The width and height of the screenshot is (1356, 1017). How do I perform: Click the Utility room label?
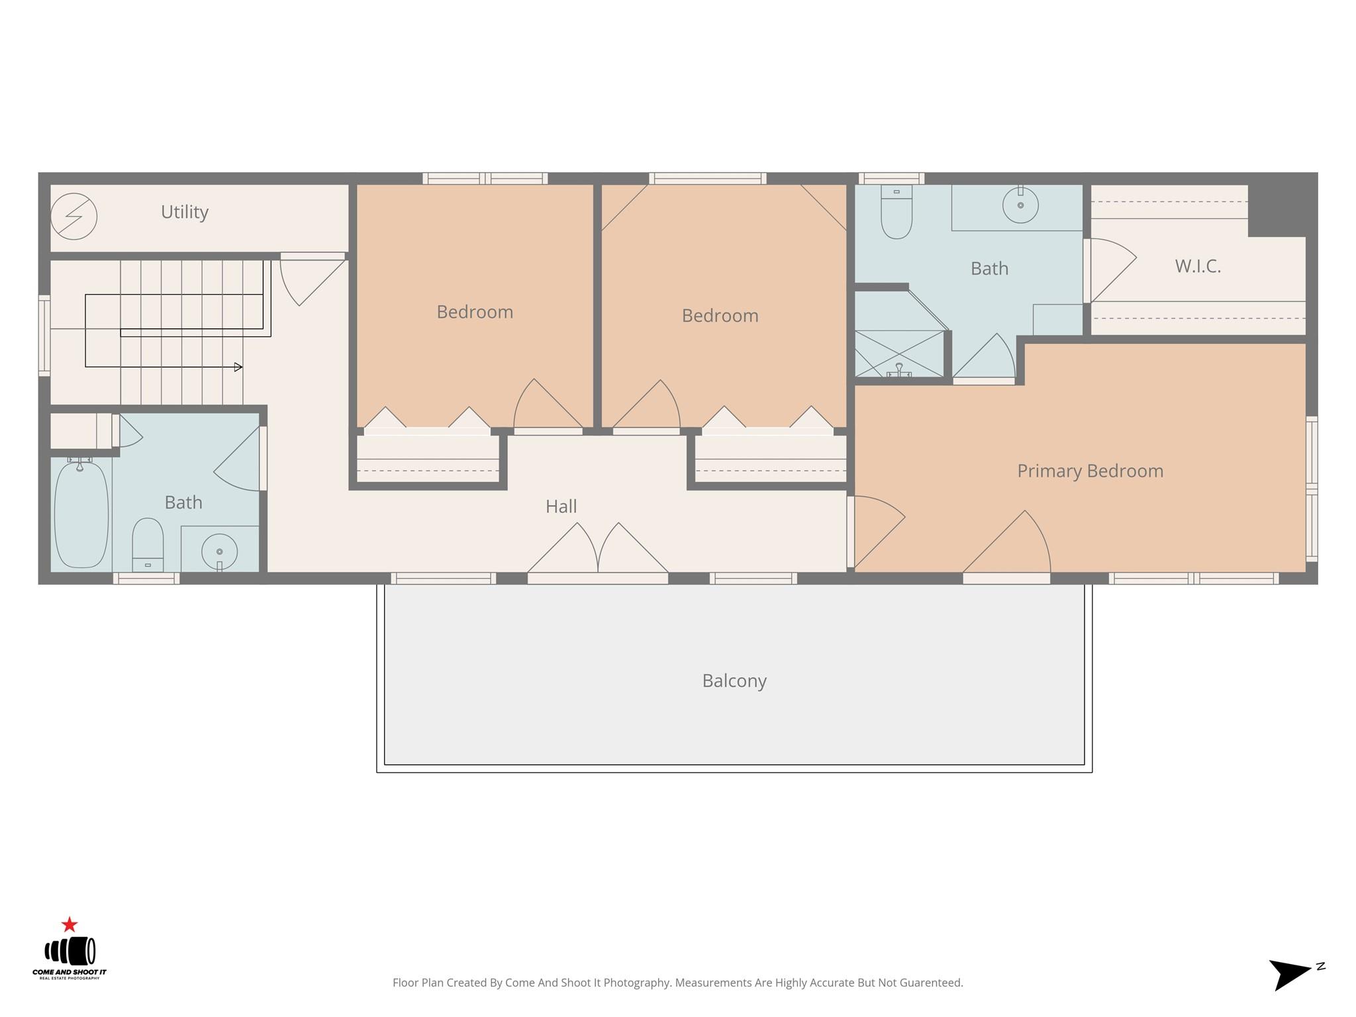tap(185, 212)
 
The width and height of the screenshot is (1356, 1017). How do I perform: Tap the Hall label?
tap(561, 507)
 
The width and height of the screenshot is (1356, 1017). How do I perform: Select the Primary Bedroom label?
tap(1090, 471)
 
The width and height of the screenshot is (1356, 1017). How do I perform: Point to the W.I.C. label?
tap(1198, 266)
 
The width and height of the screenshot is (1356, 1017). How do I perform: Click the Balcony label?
tap(734, 681)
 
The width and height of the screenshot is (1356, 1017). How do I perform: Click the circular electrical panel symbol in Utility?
tap(73, 216)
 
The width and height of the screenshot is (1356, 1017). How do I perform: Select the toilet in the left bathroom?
tap(148, 544)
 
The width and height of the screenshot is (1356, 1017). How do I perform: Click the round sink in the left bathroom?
tap(219, 551)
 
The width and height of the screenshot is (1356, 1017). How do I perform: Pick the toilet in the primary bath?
tap(896, 211)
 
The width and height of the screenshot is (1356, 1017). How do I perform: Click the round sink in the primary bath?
tap(1020, 205)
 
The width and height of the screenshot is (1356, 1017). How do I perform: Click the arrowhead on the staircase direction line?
tap(238, 367)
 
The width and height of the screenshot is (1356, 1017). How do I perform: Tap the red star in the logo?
tap(70, 924)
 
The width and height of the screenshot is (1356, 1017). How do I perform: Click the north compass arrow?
tap(1290, 974)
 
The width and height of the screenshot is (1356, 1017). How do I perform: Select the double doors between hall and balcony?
tap(598, 549)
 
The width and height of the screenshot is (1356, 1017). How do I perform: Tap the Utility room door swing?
tap(313, 281)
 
